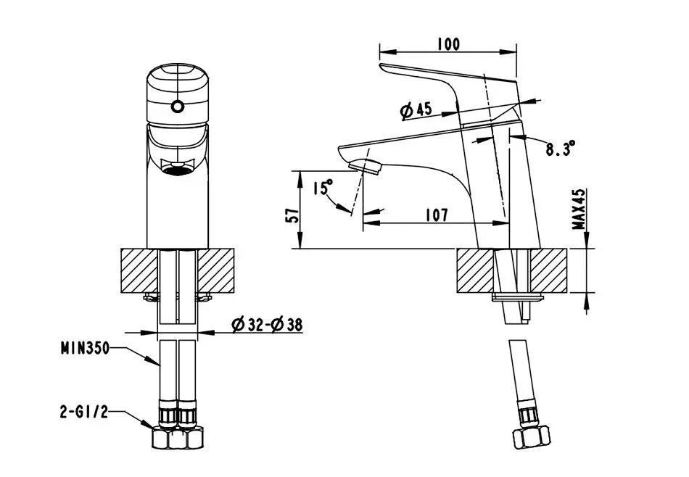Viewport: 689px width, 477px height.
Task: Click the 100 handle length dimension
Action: [x=448, y=44]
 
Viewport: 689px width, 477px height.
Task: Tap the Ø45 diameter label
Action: [x=416, y=109]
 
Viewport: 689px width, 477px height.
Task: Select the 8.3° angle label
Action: [x=561, y=149]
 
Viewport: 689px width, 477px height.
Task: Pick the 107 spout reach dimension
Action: [x=437, y=215]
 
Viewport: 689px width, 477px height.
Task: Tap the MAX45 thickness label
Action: [x=579, y=209]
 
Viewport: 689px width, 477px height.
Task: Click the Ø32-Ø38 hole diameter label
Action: [x=267, y=325]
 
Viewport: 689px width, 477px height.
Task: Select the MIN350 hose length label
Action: [x=85, y=348]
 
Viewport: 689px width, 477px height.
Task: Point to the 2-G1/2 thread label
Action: [x=84, y=412]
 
